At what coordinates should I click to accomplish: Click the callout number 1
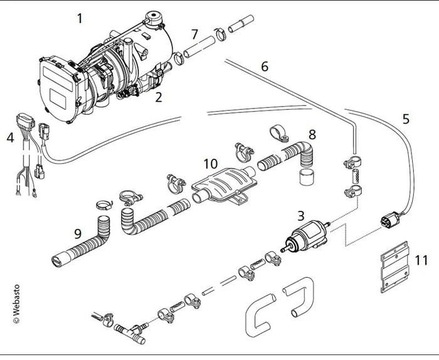click(80, 18)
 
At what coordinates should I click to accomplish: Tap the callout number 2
click(159, 97)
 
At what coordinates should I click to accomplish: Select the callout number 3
click(300, 216)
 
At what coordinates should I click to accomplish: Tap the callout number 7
click(194, 33)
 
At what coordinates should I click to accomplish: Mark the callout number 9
click(77, 233)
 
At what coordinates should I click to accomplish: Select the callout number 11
click(421, 259)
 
